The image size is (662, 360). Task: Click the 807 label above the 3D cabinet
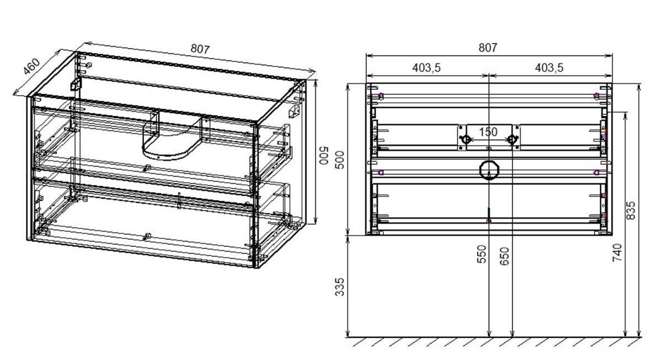coord(200,49)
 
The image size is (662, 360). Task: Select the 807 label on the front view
coord(488,47)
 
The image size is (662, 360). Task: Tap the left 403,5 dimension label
coord(426,68)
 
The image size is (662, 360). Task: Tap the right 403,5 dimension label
coord(549,68)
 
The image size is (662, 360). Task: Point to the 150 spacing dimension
coord(488,132)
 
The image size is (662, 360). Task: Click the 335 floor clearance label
coord(340,287)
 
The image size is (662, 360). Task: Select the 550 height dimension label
coord(482,254)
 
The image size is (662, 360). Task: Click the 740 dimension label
coord(617,252)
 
